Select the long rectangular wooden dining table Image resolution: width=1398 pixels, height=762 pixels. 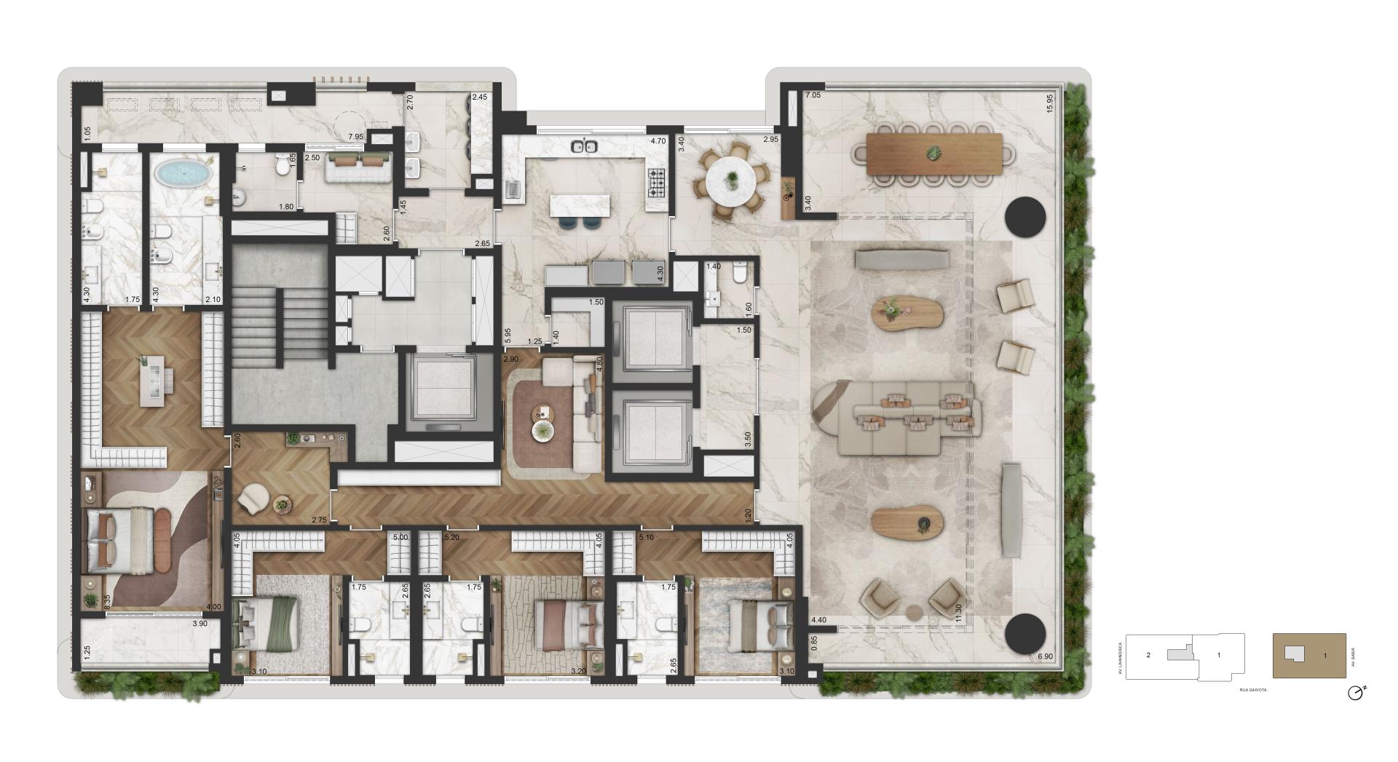[x=933, y=154]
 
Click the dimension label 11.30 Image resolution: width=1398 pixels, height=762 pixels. [x=958, y=613]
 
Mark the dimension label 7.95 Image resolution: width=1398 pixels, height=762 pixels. [x=355, y=137]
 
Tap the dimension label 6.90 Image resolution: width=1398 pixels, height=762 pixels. [x=1045, y=656]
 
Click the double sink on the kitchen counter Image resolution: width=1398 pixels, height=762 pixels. [x=585, y=146]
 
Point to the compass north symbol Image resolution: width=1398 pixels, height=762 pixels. [x=1355, y=693]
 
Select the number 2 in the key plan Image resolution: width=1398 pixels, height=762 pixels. [x=1148, y=655]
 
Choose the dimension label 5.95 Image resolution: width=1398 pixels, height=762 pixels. [x=508, y=335]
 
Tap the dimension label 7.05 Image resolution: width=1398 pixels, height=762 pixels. [x=813, y=95]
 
